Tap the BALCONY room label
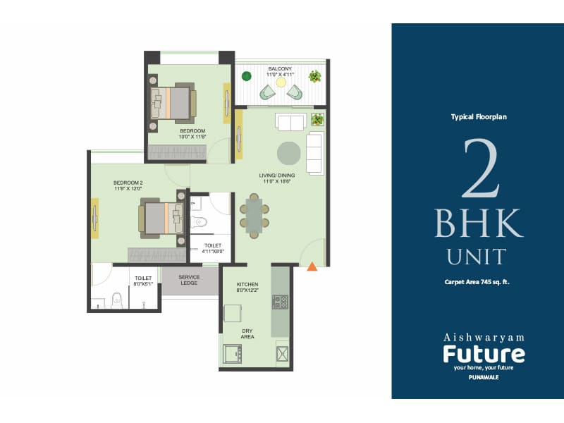pyautogui.click(x=279, y=69)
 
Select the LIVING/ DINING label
pyautogui.click(x=276, y=174)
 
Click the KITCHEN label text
pyautogui.click(x=247, y=284)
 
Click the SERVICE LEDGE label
pyautogui.click(x=189, y=280)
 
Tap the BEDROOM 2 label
pyautogui.click(x=128, y=183)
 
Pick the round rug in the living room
pyautogui.click(x=288, y=152)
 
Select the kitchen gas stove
pyautogui.click(x=281, y=301)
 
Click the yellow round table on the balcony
pyautogui.click(x=281, y=82)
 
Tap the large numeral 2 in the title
pyautogui.click(x=482, y=169)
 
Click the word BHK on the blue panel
pyautogui.click(x=479, y=223)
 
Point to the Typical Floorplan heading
pyautogui.click(x=479, y=117)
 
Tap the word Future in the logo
pyautogui.click(x=483, y=352)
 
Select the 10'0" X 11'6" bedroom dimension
pyautogui.click(x=192, y=137)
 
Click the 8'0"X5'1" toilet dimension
pyautogui.click(x=143, y=283)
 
